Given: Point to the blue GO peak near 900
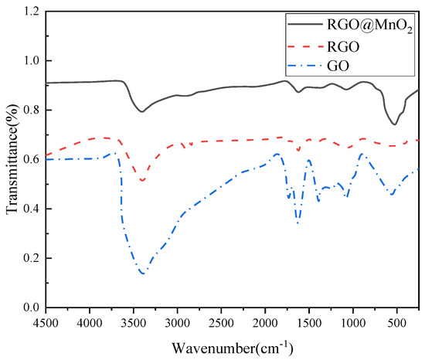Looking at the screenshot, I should [362, 154].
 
